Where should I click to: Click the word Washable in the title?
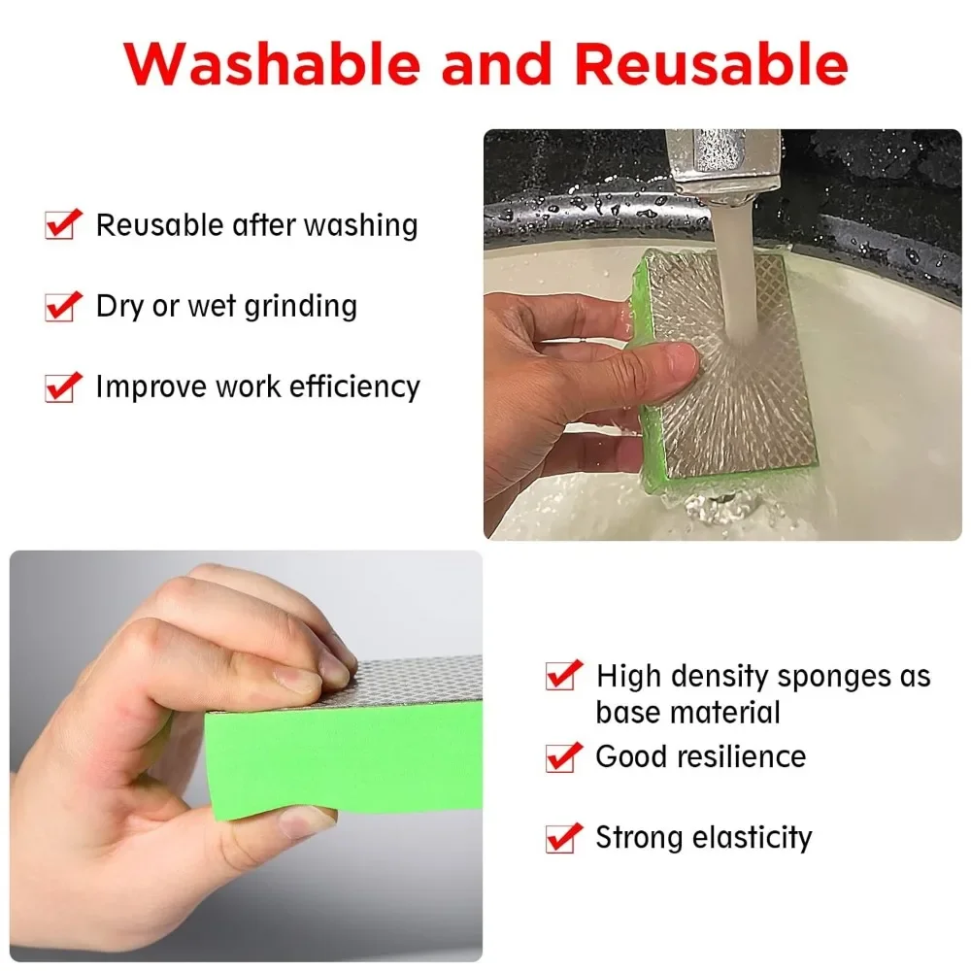point(272,64)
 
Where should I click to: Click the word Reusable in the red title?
point(711,64)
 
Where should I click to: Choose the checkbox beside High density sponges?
point(562,675)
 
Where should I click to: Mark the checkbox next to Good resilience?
point(562,756)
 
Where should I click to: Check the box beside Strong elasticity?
point(562,837)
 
